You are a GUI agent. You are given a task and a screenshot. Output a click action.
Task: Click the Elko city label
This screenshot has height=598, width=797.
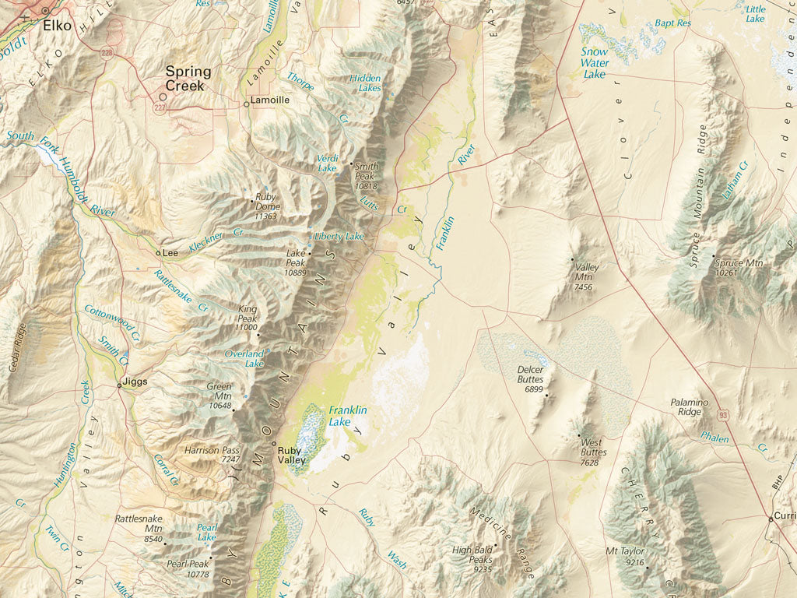click(57, 25)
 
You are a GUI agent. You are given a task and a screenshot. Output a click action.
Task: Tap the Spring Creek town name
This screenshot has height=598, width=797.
click(188, 78)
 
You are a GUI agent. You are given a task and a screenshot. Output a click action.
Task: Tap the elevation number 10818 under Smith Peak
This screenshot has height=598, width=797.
click(366, 187)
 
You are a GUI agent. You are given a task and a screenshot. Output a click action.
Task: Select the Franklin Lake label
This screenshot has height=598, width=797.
click(348, 416)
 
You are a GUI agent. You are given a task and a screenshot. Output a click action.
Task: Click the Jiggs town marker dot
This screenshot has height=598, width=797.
click(119, 385)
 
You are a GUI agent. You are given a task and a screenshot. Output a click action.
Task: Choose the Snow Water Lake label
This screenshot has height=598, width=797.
click(595, 63)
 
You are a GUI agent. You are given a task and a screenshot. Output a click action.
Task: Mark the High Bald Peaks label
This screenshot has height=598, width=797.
click(472, 554)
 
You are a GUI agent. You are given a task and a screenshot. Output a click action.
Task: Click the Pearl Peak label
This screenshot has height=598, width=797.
click(188, 564)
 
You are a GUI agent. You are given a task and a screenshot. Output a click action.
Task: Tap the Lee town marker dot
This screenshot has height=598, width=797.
click(158, 253)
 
